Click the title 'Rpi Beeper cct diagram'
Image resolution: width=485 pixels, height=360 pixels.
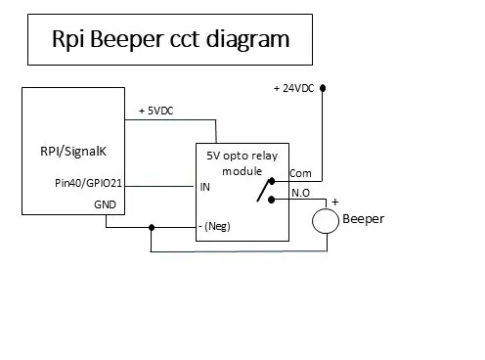click(170, 40)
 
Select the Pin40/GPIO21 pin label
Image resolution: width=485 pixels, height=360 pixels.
click(85, 182)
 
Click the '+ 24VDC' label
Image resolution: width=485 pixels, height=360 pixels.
click(294, 88)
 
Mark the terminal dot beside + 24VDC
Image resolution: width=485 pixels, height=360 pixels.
click(324, 87)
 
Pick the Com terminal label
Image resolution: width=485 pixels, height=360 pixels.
click(301, 173)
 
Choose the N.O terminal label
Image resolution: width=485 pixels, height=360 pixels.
click(301, 194)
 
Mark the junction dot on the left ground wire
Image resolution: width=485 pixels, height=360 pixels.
click(151, 229)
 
